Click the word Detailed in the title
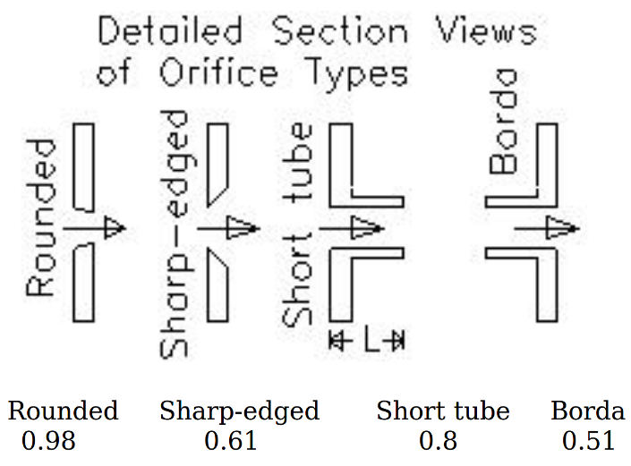coord(170,32)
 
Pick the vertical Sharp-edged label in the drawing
coord(175,234)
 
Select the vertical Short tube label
coord(300,226)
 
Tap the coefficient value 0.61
coord(231,441)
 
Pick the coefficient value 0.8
coord(438,441)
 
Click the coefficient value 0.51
coord(588,441)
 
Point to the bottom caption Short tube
coord(442,411)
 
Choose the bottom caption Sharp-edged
coord(239,412)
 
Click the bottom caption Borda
coord(587,411)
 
